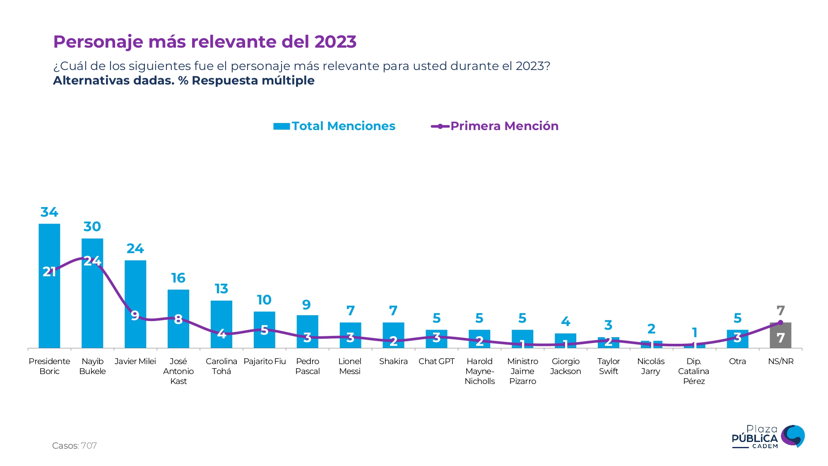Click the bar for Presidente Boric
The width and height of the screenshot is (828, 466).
(x=49, y=307)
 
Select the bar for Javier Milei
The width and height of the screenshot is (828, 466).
(x=135, y=290)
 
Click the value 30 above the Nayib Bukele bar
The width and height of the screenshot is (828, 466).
(x=92, y=227)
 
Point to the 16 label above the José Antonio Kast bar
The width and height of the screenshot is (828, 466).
(x=178, y=278)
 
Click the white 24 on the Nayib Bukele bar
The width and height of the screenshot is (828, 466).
(x=92, y=261)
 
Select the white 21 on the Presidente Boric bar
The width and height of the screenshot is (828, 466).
(x=49, y=272)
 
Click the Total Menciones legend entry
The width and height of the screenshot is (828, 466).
(x=335, y=126)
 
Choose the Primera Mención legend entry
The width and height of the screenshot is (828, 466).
(x=495, y=126)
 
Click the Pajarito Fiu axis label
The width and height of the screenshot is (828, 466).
(x=265, y=361)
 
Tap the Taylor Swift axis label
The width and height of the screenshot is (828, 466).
(x=608, y=366)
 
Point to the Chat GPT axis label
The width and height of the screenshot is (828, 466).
(x=436, y=361)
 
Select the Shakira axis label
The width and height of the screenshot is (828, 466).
(x=393, y=361)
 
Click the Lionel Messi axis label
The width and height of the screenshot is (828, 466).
(x=350, y=366)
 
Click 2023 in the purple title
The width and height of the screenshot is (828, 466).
(x=335, y=42)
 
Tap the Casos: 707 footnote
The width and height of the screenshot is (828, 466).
(x=75, y=446)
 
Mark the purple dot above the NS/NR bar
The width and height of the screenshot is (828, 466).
(x=780, y=322)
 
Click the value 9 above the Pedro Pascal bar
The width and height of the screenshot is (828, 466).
(x=306, y=305)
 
